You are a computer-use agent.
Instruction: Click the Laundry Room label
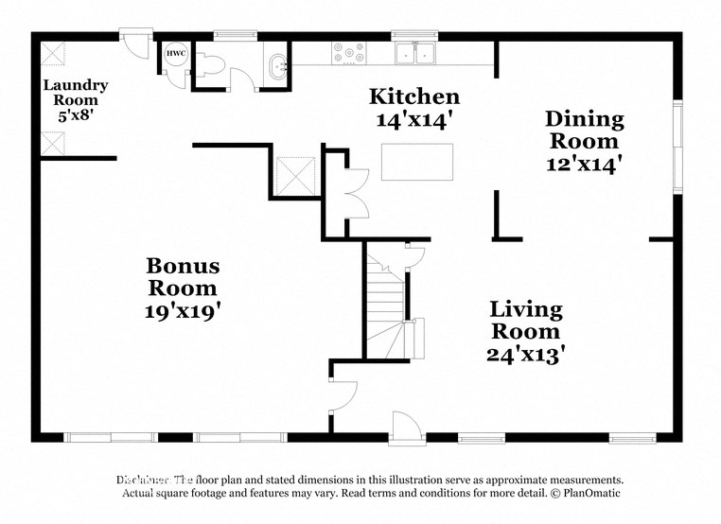tap(76, 92)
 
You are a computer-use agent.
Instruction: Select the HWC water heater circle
tap(176, 55)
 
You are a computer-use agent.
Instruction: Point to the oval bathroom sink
tap(277, 67)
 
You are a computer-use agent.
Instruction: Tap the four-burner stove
tap(348, 54)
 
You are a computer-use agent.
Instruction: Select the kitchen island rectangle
tap(416, 162)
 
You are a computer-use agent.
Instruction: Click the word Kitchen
tap(414, 96)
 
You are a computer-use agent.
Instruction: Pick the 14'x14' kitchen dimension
tap(414, 120)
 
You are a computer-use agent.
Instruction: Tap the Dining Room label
tap(584, 131)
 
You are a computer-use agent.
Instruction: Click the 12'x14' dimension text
tap(584, 164)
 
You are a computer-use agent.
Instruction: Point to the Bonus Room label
tap(183, 277)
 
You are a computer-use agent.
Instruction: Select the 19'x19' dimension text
tap(183, 309)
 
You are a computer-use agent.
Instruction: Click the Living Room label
tap(525, 321)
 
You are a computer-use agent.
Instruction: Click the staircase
tap(385, 303)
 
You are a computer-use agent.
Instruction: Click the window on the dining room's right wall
tap(677, 147)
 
